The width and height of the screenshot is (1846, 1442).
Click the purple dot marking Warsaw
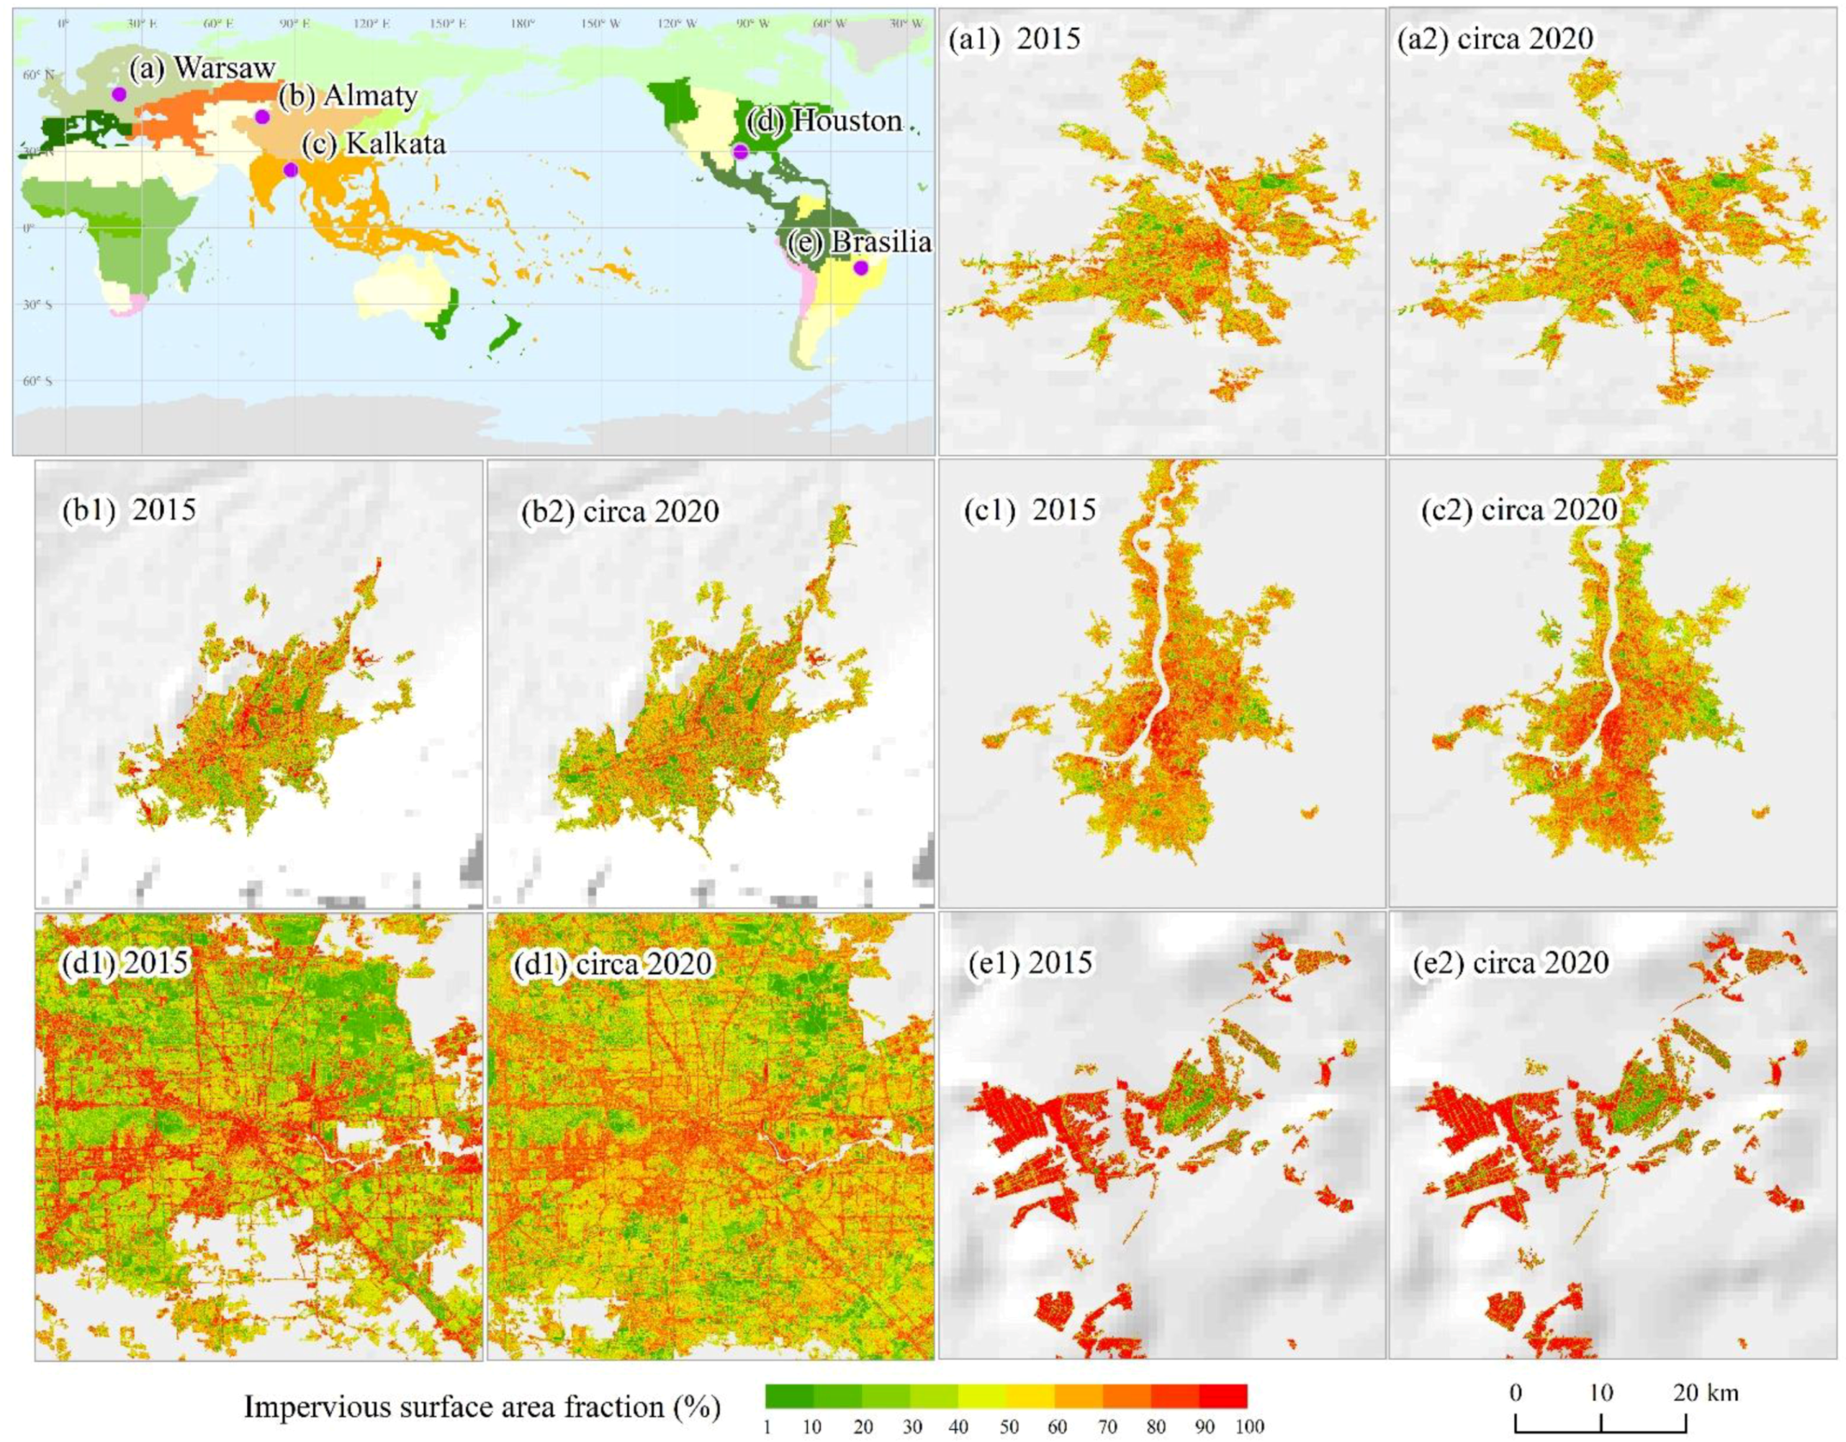pos(118,94)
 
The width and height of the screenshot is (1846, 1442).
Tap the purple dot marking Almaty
pos(262,117)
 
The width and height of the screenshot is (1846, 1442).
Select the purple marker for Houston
pos(740,152)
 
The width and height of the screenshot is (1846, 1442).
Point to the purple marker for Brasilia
pos(860,268)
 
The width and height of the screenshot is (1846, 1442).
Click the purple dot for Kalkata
pos(291,170)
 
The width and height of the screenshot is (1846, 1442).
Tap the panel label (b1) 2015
pos(128,510)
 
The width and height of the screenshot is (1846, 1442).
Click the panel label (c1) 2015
pos(1030,510)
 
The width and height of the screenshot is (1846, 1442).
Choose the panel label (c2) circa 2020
pos(1520,510)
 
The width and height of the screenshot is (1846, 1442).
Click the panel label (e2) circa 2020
pos(1510,962)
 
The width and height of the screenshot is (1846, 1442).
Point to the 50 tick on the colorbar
pos(1009,1428)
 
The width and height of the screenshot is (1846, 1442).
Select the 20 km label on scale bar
pos(1706,1392)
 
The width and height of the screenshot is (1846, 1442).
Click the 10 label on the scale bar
pos(1601,1392)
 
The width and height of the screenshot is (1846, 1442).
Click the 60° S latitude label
pos(37,382)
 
